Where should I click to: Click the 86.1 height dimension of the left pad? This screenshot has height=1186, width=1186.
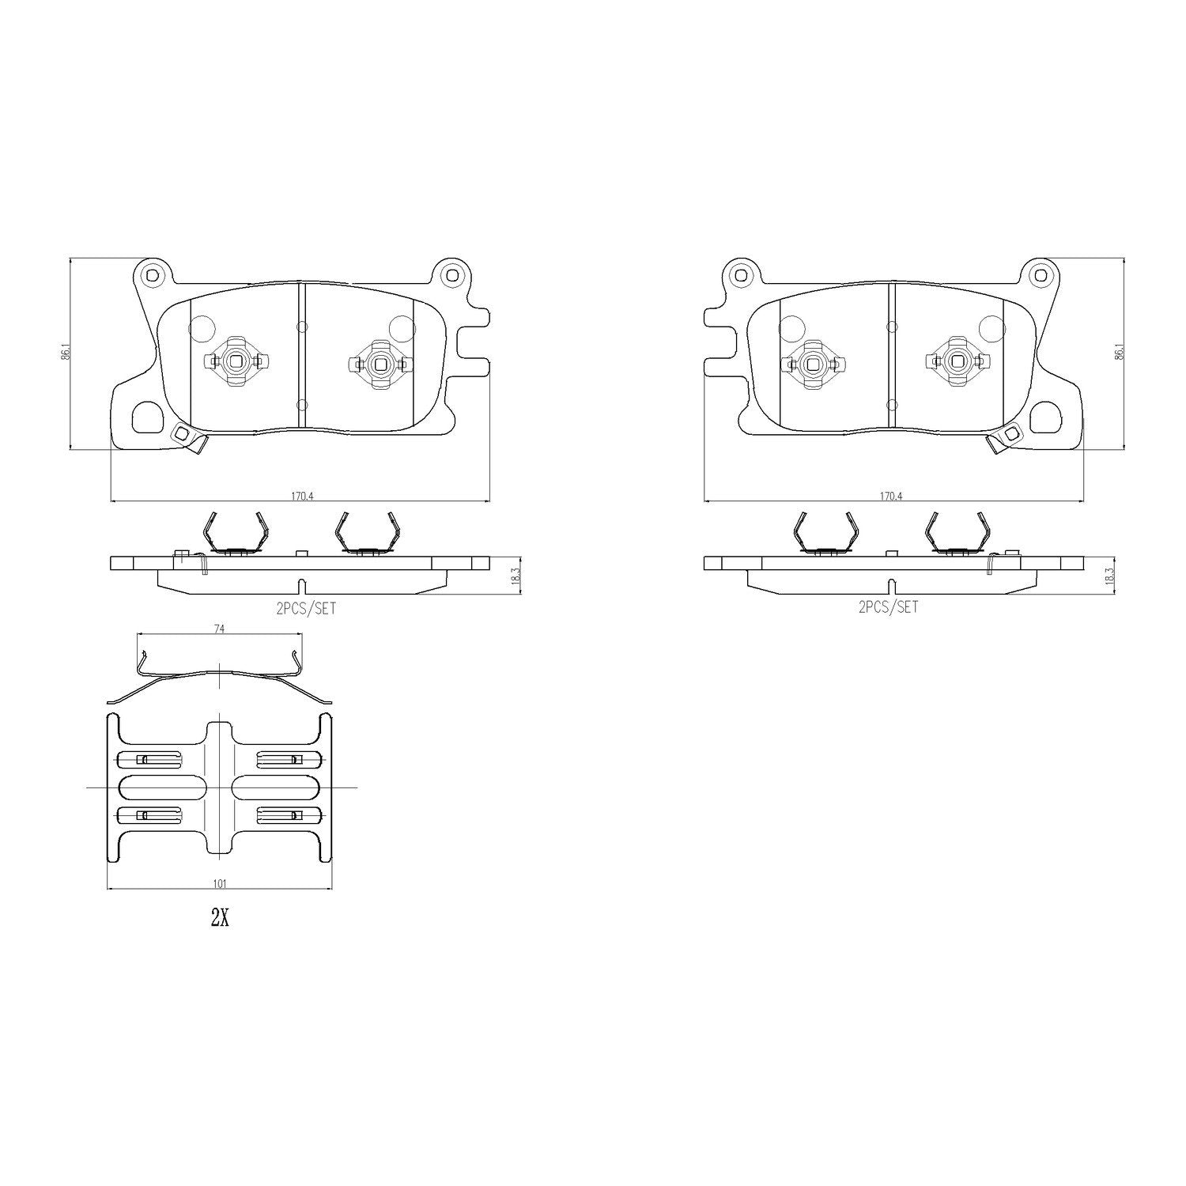[x=67, y=352]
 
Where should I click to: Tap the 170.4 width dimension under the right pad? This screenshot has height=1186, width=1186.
[x=891, y=496]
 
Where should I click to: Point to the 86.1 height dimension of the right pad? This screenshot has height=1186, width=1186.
[x=1118, y=352]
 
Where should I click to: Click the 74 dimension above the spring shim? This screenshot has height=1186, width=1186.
[x=219, y=629]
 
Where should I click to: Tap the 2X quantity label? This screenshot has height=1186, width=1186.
[x=219, y=918]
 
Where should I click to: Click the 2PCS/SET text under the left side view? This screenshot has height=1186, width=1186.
[x=300, y=607]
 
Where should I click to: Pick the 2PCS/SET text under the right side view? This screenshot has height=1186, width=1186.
[x=889, y=607]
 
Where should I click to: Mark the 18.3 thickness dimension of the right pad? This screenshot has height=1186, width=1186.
[x=1109, y=575]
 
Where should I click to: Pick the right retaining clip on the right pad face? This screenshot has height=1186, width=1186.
[x=957, y=362]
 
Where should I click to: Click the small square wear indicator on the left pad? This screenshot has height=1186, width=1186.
[x=183, y=433]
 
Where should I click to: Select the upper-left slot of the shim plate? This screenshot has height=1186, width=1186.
[x=149, y=760]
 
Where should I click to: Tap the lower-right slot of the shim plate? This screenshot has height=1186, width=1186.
[x=289, y=815]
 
